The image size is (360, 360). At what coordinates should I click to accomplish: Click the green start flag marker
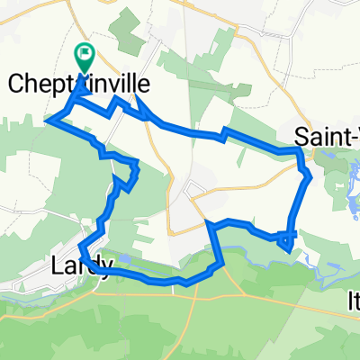[85, 56]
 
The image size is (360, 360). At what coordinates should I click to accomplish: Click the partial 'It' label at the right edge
[352, 298]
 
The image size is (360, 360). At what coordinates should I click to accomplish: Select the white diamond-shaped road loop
[193, 188]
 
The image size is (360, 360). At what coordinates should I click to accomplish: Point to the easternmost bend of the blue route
[310, 176]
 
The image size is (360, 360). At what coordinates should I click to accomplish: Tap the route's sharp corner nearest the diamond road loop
[208, 221]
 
